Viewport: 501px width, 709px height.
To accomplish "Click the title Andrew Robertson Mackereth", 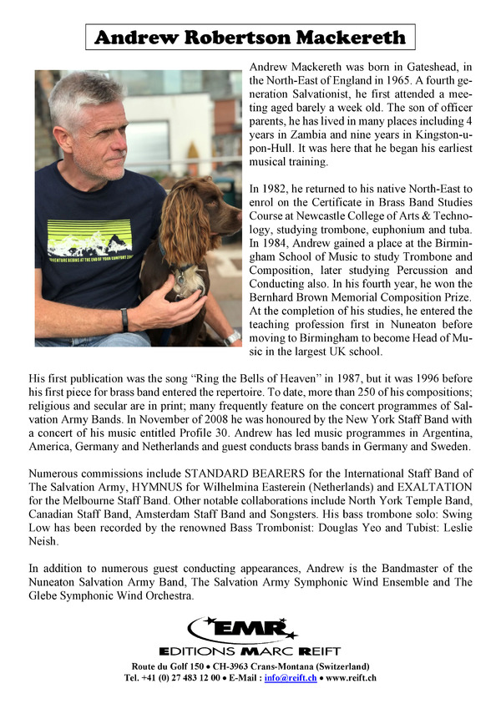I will [x=250, y=38].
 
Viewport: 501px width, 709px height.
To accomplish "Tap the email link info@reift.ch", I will [x=291, y=677].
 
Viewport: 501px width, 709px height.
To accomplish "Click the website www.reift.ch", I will [x=351, y=677].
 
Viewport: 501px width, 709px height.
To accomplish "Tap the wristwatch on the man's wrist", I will [x=124, y=320].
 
